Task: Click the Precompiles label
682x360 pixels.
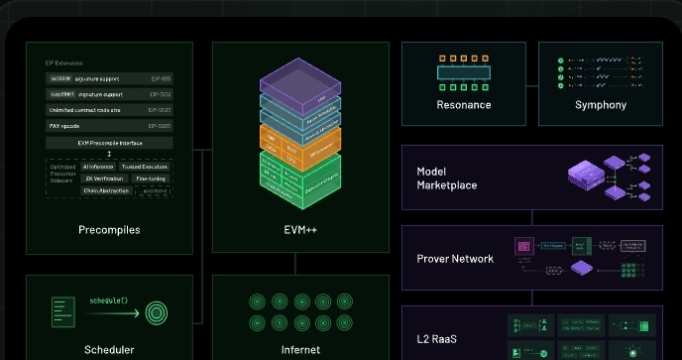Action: (109, 230)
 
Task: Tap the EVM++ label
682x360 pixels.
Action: (299, 230)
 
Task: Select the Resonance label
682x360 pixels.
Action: (463, 105)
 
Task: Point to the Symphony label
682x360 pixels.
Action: (600, 105)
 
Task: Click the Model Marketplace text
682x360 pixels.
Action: (446, 179)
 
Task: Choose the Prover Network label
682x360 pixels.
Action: (455, 259)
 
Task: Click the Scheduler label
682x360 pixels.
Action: (109, 349)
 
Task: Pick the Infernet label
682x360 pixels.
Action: (300, 349)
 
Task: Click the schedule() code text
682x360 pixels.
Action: (110, 300)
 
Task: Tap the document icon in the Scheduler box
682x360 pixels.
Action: (61, 311)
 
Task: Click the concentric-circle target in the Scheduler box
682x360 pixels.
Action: (156, 312)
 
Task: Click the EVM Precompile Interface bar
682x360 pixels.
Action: (110, 143)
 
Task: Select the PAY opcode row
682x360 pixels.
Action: (110, 126)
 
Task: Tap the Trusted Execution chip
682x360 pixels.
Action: (145, 166)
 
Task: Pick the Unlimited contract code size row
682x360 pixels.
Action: (110, 110)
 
